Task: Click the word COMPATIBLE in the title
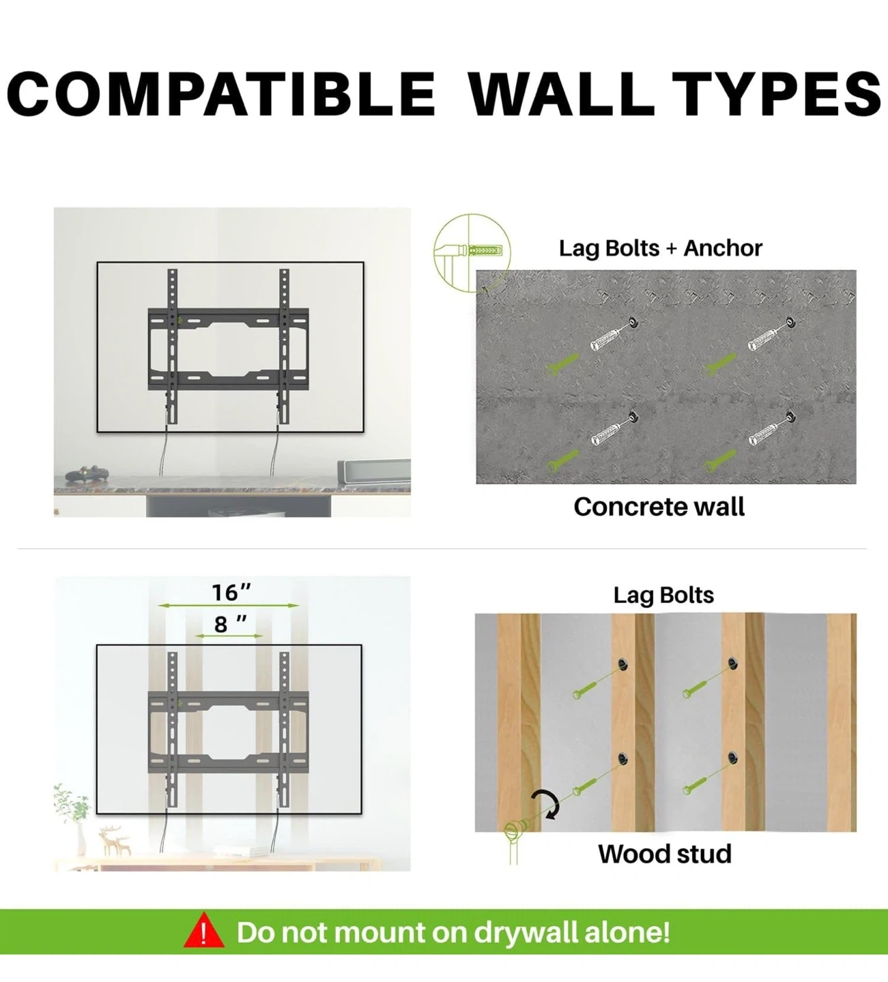(x=221, y=93)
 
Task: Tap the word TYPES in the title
(x=777, y=93)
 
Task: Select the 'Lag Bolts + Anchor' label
(x=660, y=248)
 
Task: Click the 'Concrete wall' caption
(x=659, y=507)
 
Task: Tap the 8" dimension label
(x=230, y=624)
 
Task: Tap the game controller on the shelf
(x=86, y=474)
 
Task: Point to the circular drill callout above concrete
(x=472, y=252)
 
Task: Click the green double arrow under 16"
(x=229, y=606)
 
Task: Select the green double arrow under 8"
(x=229, y=636)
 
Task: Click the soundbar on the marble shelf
(x=375, y=471)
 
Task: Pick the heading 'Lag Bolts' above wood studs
(x=663, y=595)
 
